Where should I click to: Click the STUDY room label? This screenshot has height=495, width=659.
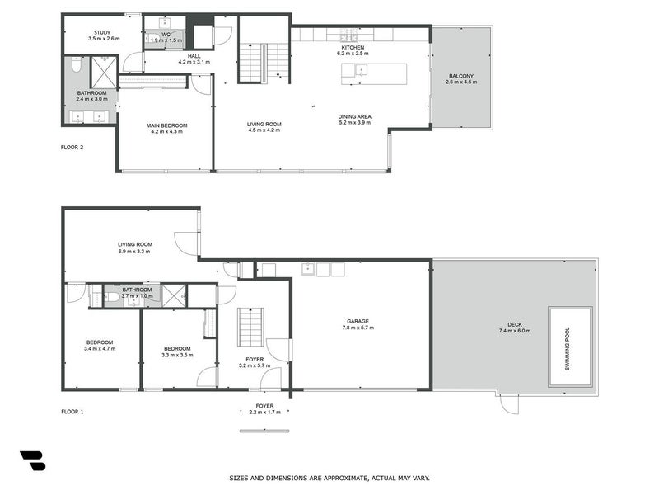pos(102,31)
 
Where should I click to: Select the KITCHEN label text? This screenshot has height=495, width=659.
pos(353,48)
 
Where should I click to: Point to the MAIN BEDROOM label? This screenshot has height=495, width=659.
pos(166,125)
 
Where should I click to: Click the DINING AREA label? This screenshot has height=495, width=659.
pos(354,117)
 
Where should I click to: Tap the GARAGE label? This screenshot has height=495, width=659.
pos(357,321)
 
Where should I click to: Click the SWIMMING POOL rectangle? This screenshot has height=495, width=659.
pos(571,346)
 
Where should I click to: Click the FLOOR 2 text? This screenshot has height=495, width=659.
pos(72,148)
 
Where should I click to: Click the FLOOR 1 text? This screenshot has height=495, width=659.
pos(72,411)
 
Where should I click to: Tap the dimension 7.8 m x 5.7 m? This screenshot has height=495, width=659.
pos(357,328)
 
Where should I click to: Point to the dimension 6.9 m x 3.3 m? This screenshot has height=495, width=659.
pos(134,251)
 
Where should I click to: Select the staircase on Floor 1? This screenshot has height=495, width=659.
pos(250,328)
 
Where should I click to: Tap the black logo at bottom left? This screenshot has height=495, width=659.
pos(32,460)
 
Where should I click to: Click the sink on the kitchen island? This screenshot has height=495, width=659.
pos(361,72)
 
